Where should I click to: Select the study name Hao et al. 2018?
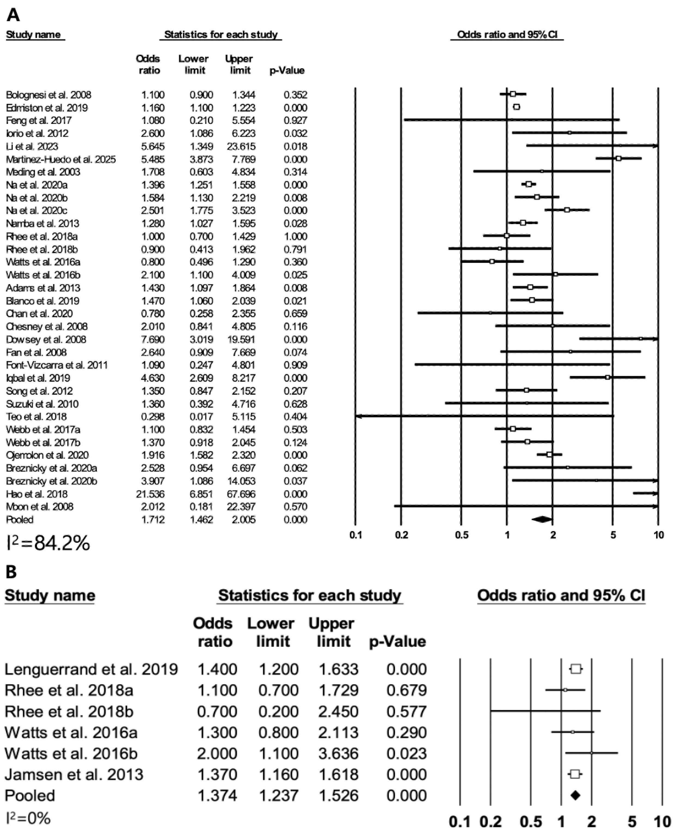tap(36, 494)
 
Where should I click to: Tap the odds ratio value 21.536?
tap(150, 494)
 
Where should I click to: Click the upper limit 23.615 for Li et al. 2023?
tap(241, 146)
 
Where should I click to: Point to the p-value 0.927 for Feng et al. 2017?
tap(295, 120)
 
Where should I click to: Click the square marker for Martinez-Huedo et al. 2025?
tap(618, 158)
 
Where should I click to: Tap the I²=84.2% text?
tap(48, 543)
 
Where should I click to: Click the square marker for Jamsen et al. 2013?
tap(575, 774)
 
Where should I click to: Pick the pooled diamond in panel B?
tap(575, 795)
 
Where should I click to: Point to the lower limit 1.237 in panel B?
tap(278, 795)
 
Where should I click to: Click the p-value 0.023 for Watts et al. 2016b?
tap(406, 753)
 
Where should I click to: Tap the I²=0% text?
tap(28, 818)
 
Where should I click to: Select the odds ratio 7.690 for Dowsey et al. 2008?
tap(153, 340)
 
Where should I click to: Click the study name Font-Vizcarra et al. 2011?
tap(57, 365)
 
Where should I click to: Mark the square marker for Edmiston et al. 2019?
tap(517, 107)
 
